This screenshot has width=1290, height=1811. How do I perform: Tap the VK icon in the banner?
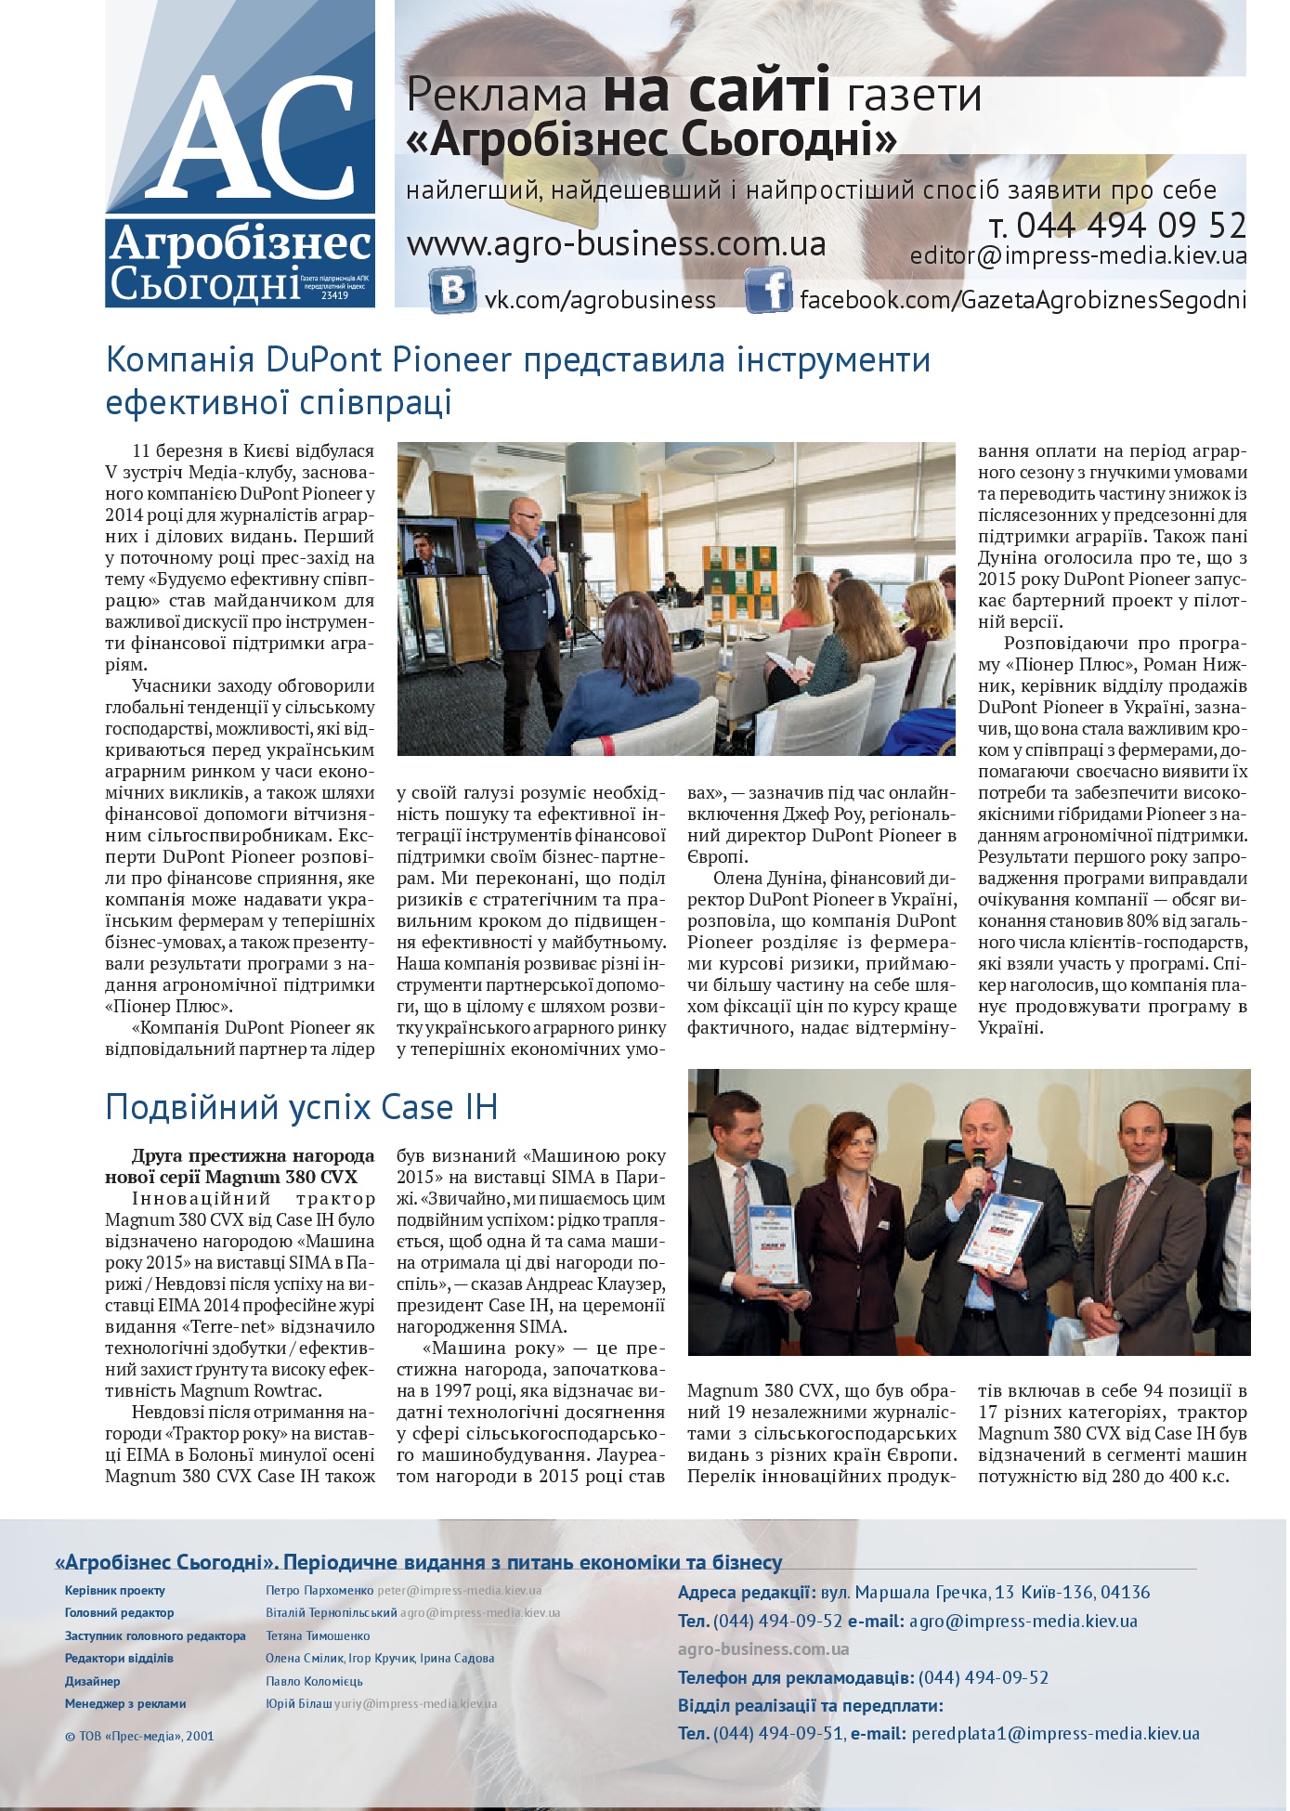[452, 290]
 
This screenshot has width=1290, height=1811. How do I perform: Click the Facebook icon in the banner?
[768, 290]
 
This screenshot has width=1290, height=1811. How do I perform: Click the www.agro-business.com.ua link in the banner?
[616, 244]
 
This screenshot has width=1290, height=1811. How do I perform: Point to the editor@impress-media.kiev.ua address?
[1078, 256]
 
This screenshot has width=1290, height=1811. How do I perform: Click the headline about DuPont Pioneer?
[517, 380]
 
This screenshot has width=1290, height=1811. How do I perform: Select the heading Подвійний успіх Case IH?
[302, 1107]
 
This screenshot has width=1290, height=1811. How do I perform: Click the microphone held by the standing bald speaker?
[548, 541]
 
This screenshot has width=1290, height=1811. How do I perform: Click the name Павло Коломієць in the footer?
[314, 1681]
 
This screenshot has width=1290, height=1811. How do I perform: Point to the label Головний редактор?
[119, 1613]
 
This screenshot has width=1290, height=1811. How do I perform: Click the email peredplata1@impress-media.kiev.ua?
[1055, 1733]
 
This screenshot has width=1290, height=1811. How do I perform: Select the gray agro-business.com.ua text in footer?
[763, 1648]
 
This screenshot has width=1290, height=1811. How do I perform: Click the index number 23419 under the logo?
[334, 295]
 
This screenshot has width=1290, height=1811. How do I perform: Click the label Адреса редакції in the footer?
[745, 1592]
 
